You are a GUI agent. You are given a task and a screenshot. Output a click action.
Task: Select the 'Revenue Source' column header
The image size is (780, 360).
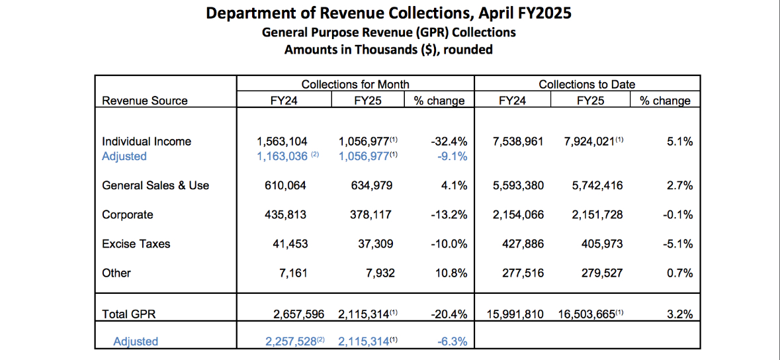click(x=144, y=101)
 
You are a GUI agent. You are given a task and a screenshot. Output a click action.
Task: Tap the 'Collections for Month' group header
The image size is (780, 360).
click(x=355, y=84)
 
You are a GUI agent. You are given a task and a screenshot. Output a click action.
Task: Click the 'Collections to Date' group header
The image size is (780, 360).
click(x=587, y=84)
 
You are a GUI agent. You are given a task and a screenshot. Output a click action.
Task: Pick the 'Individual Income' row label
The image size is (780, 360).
click(x=146, y=142)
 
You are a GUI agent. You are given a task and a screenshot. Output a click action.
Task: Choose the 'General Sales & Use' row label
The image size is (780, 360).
click(x=155, y=186)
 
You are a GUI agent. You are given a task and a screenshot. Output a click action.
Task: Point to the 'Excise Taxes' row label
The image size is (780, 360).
click(x=136, y=244)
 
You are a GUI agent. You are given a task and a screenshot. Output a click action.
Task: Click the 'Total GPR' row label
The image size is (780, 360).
click(x=128, y=314)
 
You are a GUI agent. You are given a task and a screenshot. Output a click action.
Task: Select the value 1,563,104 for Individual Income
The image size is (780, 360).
click(x=282, y=142)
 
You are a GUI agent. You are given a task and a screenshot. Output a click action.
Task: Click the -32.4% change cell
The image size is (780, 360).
click(x=449, y=142)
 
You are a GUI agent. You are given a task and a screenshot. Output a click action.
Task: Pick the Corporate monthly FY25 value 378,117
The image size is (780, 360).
click(x=372, y=215)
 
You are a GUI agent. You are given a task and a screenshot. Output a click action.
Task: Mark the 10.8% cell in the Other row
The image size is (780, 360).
click(x=453, y=273)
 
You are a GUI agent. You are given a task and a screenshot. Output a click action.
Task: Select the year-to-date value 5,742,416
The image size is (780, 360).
click(x=597, y=186)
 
